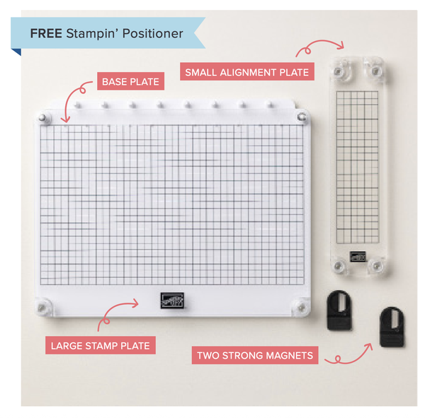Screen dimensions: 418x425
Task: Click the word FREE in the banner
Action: point(46,33)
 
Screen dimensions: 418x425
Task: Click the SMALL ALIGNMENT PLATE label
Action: point(246,71)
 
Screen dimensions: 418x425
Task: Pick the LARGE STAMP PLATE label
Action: point(99,346)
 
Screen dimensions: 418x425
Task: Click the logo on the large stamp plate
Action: point(166,299)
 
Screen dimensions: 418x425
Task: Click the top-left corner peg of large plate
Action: point(44,117)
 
